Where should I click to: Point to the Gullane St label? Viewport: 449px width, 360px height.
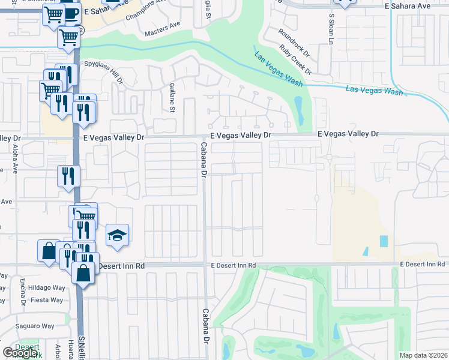tap(172, 98)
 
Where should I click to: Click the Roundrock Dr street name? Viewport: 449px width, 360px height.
tap(294, 43)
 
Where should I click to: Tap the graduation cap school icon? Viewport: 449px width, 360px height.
tap(118, 235)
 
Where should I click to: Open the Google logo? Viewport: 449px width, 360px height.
tap(20, 353)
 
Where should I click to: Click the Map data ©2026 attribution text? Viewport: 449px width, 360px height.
tap(423, 355)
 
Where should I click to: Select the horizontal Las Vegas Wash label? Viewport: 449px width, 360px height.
tap(374, 91)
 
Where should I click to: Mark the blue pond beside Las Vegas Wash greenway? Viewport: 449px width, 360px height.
tap(298, 109)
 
